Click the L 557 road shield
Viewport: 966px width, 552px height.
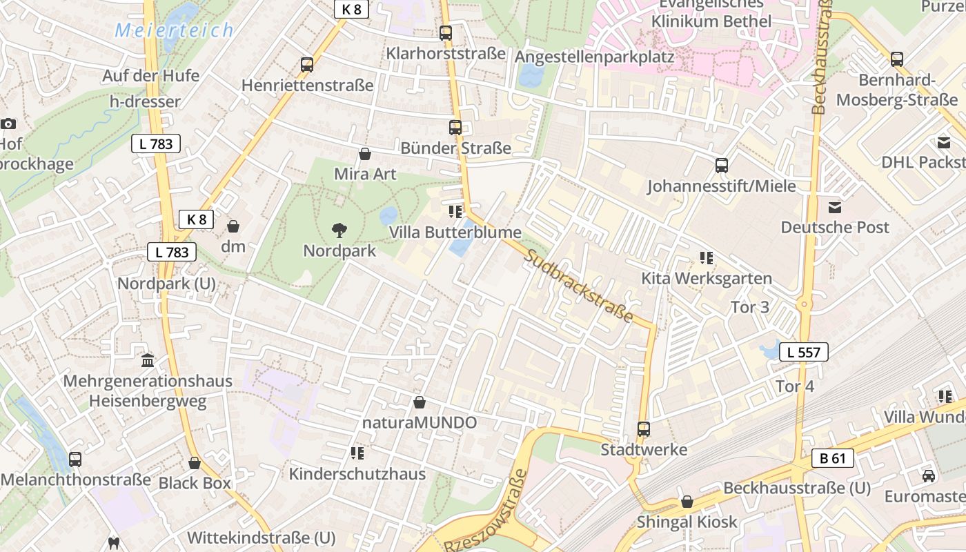coord(804,353)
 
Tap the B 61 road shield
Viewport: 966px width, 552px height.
coord(832,458)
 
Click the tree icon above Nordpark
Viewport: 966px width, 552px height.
coord(339,230)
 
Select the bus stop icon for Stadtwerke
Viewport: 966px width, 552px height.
coord(643,429)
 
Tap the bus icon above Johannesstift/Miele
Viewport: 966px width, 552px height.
coord(721,166)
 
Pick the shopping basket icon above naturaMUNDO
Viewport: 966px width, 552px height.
coord(420,402)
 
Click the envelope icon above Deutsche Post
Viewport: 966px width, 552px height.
coord(835,207)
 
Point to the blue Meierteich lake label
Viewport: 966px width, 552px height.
coord(174,30)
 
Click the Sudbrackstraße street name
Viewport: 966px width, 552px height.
coord(578,286)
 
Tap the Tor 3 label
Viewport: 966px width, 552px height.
coord(749,307)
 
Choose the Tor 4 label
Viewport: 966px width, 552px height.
coord(795,386)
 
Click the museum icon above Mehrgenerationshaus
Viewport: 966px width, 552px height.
coord(148,360)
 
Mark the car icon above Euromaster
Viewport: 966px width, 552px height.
coord(929,476)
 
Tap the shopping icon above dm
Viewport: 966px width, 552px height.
coord(233,226)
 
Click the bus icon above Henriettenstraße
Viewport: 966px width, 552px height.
coord(307,65)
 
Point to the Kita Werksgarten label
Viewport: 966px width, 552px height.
coord(707,279)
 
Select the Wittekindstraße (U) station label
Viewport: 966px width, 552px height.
coord(261,538)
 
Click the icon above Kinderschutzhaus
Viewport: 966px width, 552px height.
coord(357,453)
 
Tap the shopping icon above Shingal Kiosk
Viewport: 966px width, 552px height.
coord(687,502)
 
